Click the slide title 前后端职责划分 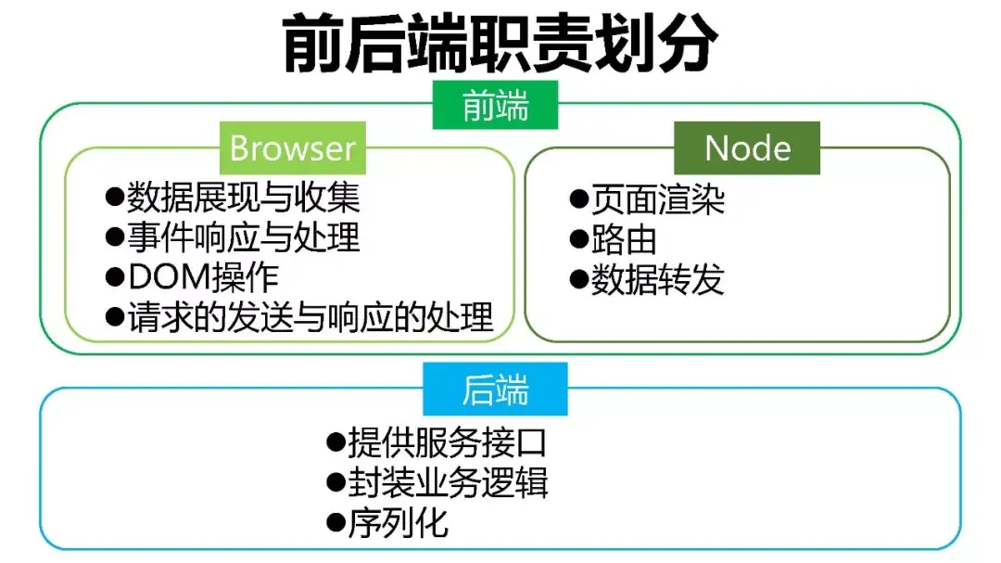coord(500,44)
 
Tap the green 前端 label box coord(496,106)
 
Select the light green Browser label coord(293,148)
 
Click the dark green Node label coord(747,148)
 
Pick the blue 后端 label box coord(496,390)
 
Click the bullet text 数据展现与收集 coord(243,198)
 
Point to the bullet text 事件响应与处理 coord(243,237)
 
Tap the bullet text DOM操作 coord(203,277)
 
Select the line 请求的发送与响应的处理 coord(310,318)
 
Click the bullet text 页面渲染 coord(658,198)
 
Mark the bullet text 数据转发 coord(658,279)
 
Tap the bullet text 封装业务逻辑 coord(449,482)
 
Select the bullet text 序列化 coord(399,523)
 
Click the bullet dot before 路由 coord(578,239)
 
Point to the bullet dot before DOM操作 coord(114,277)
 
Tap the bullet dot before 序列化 coord(336,523)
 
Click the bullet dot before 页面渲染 coord(578,198)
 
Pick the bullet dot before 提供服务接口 coord(336,441)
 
